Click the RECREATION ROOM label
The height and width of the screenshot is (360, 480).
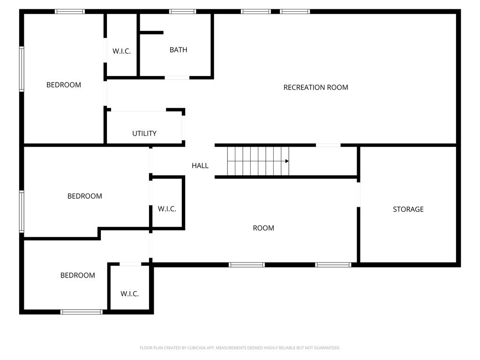[315, 87]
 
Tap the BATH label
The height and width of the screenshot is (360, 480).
[178, 50]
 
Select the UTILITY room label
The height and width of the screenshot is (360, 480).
[144, 134]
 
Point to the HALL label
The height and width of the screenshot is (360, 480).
[200, 165]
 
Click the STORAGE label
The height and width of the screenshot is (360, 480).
[408, 209]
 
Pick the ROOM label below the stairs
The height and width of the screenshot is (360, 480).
[263, 228]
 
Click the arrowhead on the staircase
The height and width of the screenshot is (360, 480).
[286, 161]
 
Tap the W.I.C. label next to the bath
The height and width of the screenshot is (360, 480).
[121, 51]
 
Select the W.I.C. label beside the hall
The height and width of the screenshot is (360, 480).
[167, 209]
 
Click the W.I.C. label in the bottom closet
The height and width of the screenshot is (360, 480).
[129, 294]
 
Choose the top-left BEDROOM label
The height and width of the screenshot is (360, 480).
[63, 85]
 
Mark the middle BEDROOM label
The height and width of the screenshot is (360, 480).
[84, 196]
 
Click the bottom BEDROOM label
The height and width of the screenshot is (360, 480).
[77, 275]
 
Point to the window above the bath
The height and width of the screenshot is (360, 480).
[182, 11]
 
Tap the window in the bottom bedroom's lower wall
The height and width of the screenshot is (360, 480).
[82, 312]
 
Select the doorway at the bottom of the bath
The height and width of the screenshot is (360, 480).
[177, 77]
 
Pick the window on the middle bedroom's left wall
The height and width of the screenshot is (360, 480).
[22, 211]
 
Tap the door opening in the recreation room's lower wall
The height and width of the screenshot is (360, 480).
[328, 145]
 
